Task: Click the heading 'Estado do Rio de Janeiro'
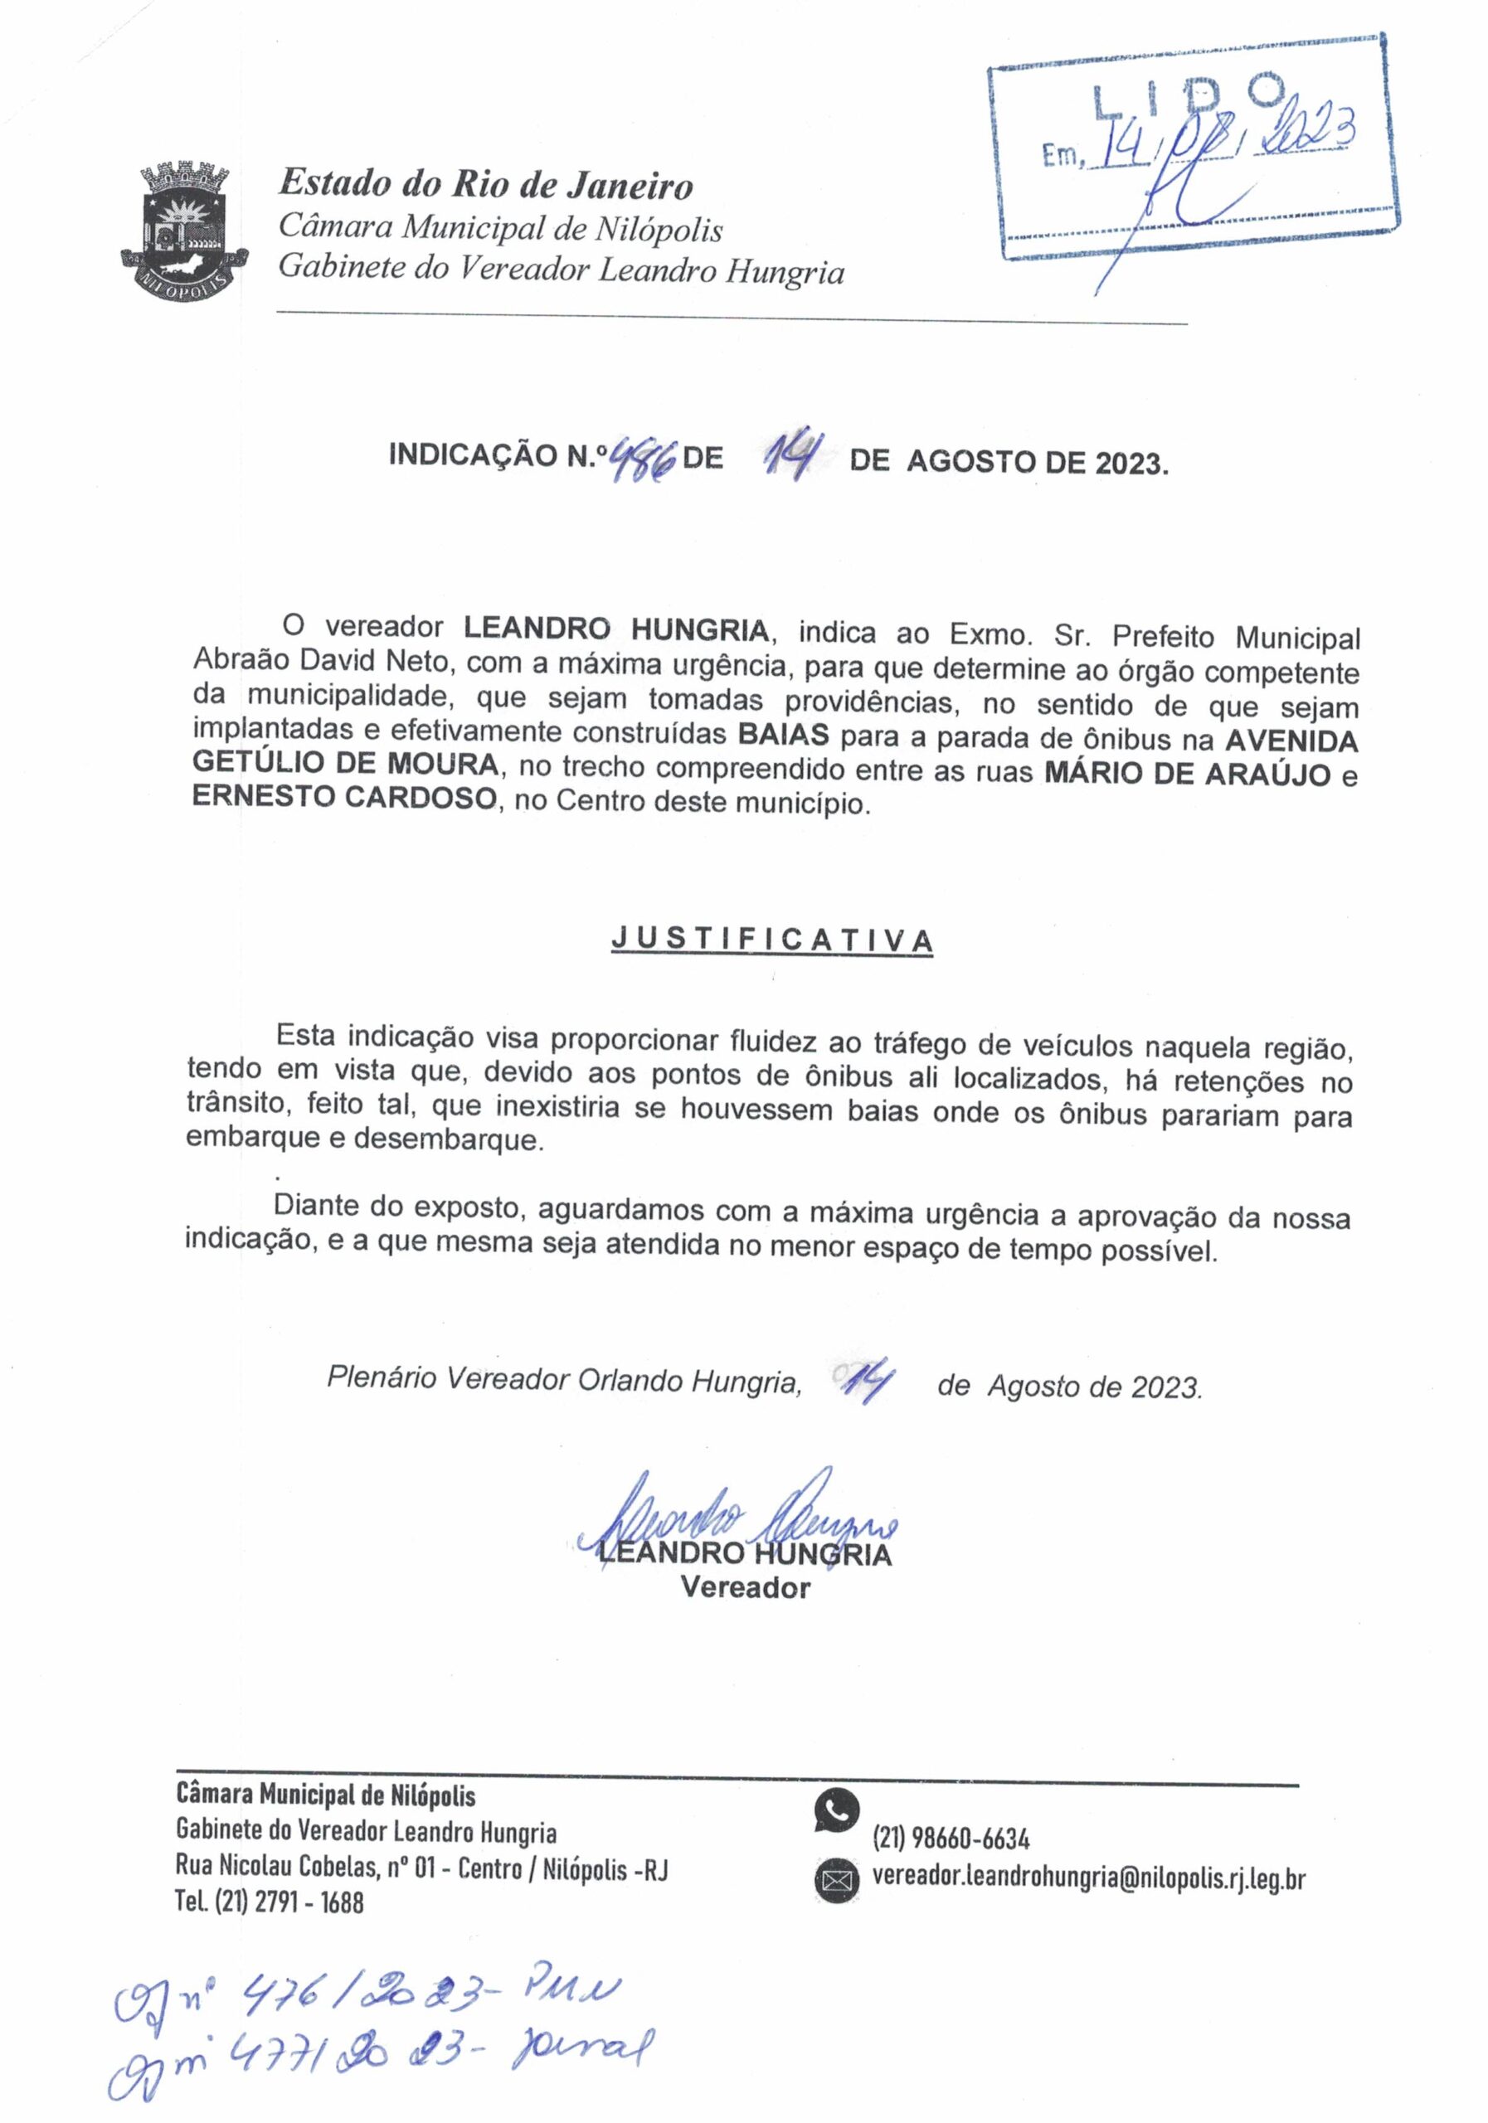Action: (486, 184)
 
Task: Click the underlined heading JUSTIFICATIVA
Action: (772, 940)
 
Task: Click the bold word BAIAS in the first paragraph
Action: (783, 736)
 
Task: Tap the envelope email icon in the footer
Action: (837, 1879)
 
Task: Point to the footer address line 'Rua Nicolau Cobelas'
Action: (421, 1868)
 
